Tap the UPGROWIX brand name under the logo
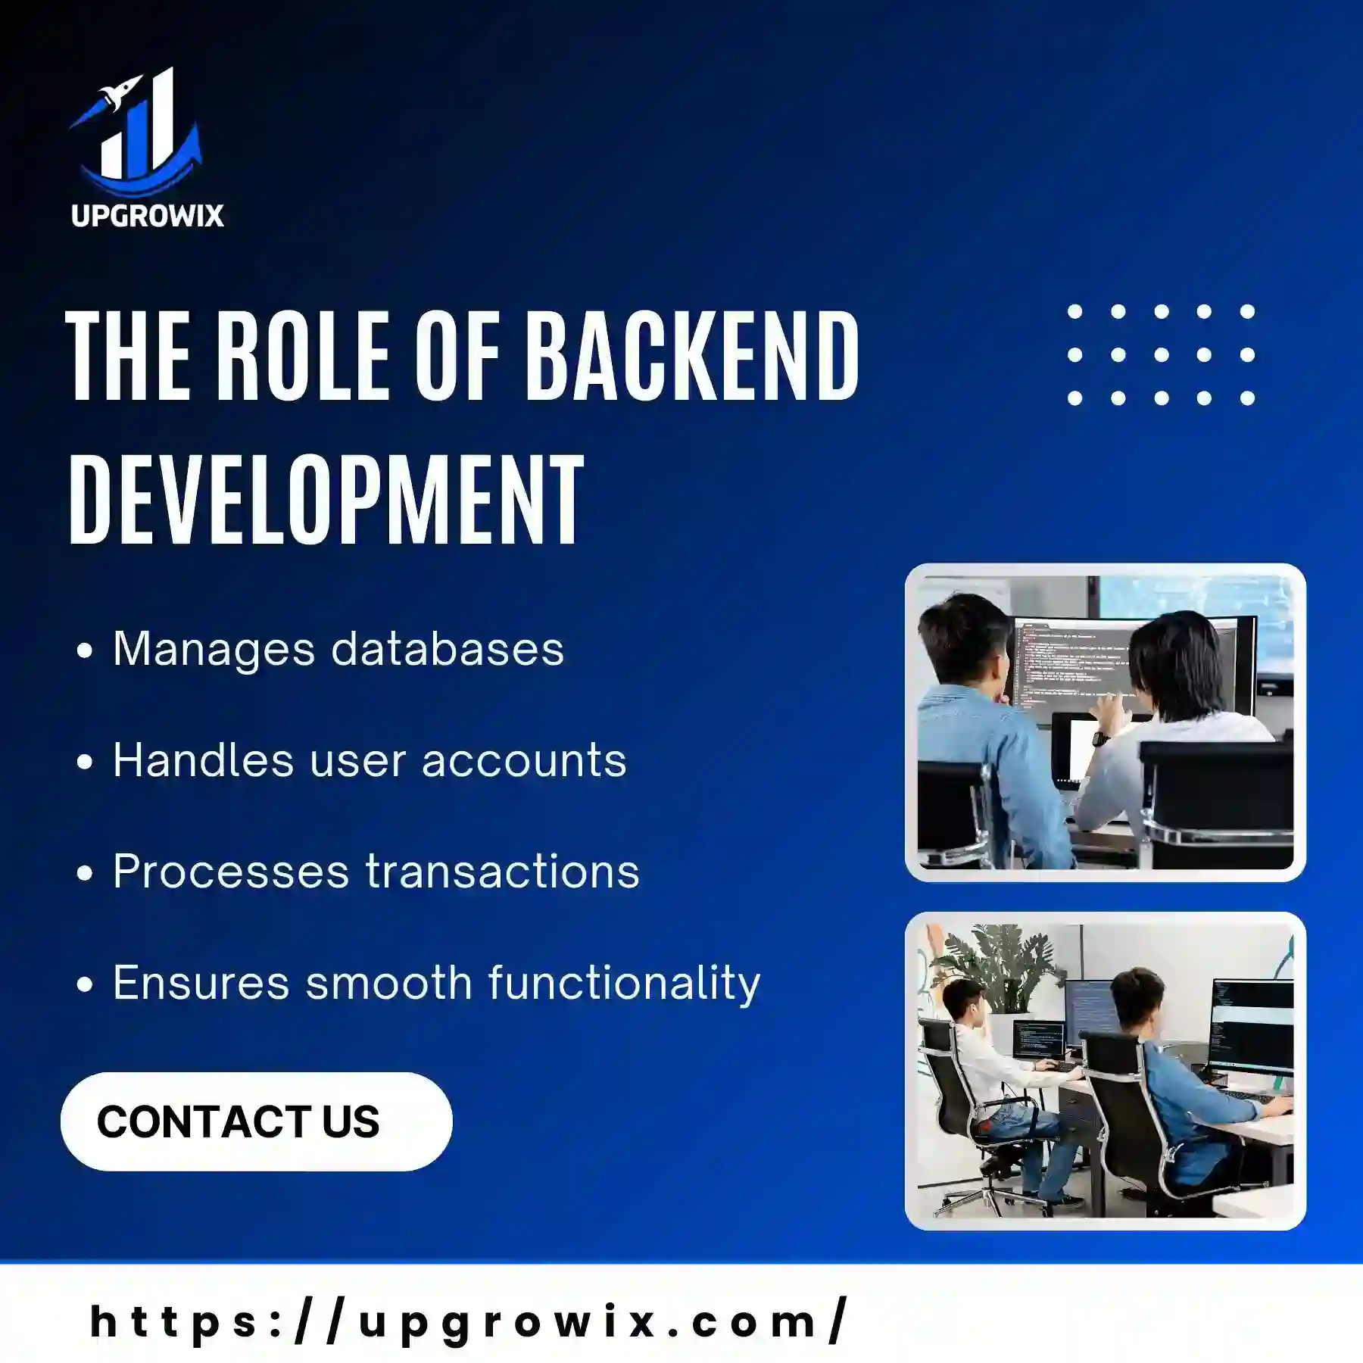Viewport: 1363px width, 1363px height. (x=148, y=216)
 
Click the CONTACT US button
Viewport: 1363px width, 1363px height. (x=257, y=1121)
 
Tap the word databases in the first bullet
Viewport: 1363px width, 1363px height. (x=448, y=649)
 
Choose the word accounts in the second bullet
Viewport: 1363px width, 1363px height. (x=524, y=761)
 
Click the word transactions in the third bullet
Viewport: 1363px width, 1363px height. (x=503, y=872)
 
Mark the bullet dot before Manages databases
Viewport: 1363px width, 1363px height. (x=85, y=650)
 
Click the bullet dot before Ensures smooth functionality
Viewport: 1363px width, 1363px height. (x=85, y=984)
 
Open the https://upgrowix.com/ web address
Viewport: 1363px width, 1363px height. (x=469, y=1322)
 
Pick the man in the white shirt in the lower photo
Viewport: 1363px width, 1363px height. (x=992, y=1075)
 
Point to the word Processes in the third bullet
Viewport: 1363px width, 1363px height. (x=231, y=872)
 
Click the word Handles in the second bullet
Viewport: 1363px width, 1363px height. (x=203, y=759)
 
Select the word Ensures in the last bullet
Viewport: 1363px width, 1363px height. (x=201, y=983)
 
